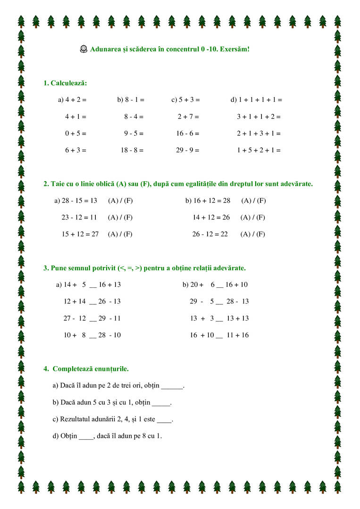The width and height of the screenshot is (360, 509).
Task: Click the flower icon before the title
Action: (84, 49)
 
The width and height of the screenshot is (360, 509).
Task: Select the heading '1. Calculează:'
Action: (65, 83)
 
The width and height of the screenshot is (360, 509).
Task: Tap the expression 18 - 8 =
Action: (132, 150)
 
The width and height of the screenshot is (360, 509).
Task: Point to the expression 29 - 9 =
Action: (188, 150)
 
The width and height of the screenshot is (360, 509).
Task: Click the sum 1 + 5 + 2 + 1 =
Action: (259, 150)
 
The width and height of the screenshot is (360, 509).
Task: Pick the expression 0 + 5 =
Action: (75, 134)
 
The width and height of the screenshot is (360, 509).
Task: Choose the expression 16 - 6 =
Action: (188, 134)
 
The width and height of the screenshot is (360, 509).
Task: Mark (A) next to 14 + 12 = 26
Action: (246, 217)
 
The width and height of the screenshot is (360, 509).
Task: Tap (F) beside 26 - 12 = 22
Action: (260, 234)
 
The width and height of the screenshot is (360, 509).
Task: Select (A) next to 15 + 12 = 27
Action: (113, 234)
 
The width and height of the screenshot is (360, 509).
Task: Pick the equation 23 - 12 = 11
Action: (79, 217)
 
